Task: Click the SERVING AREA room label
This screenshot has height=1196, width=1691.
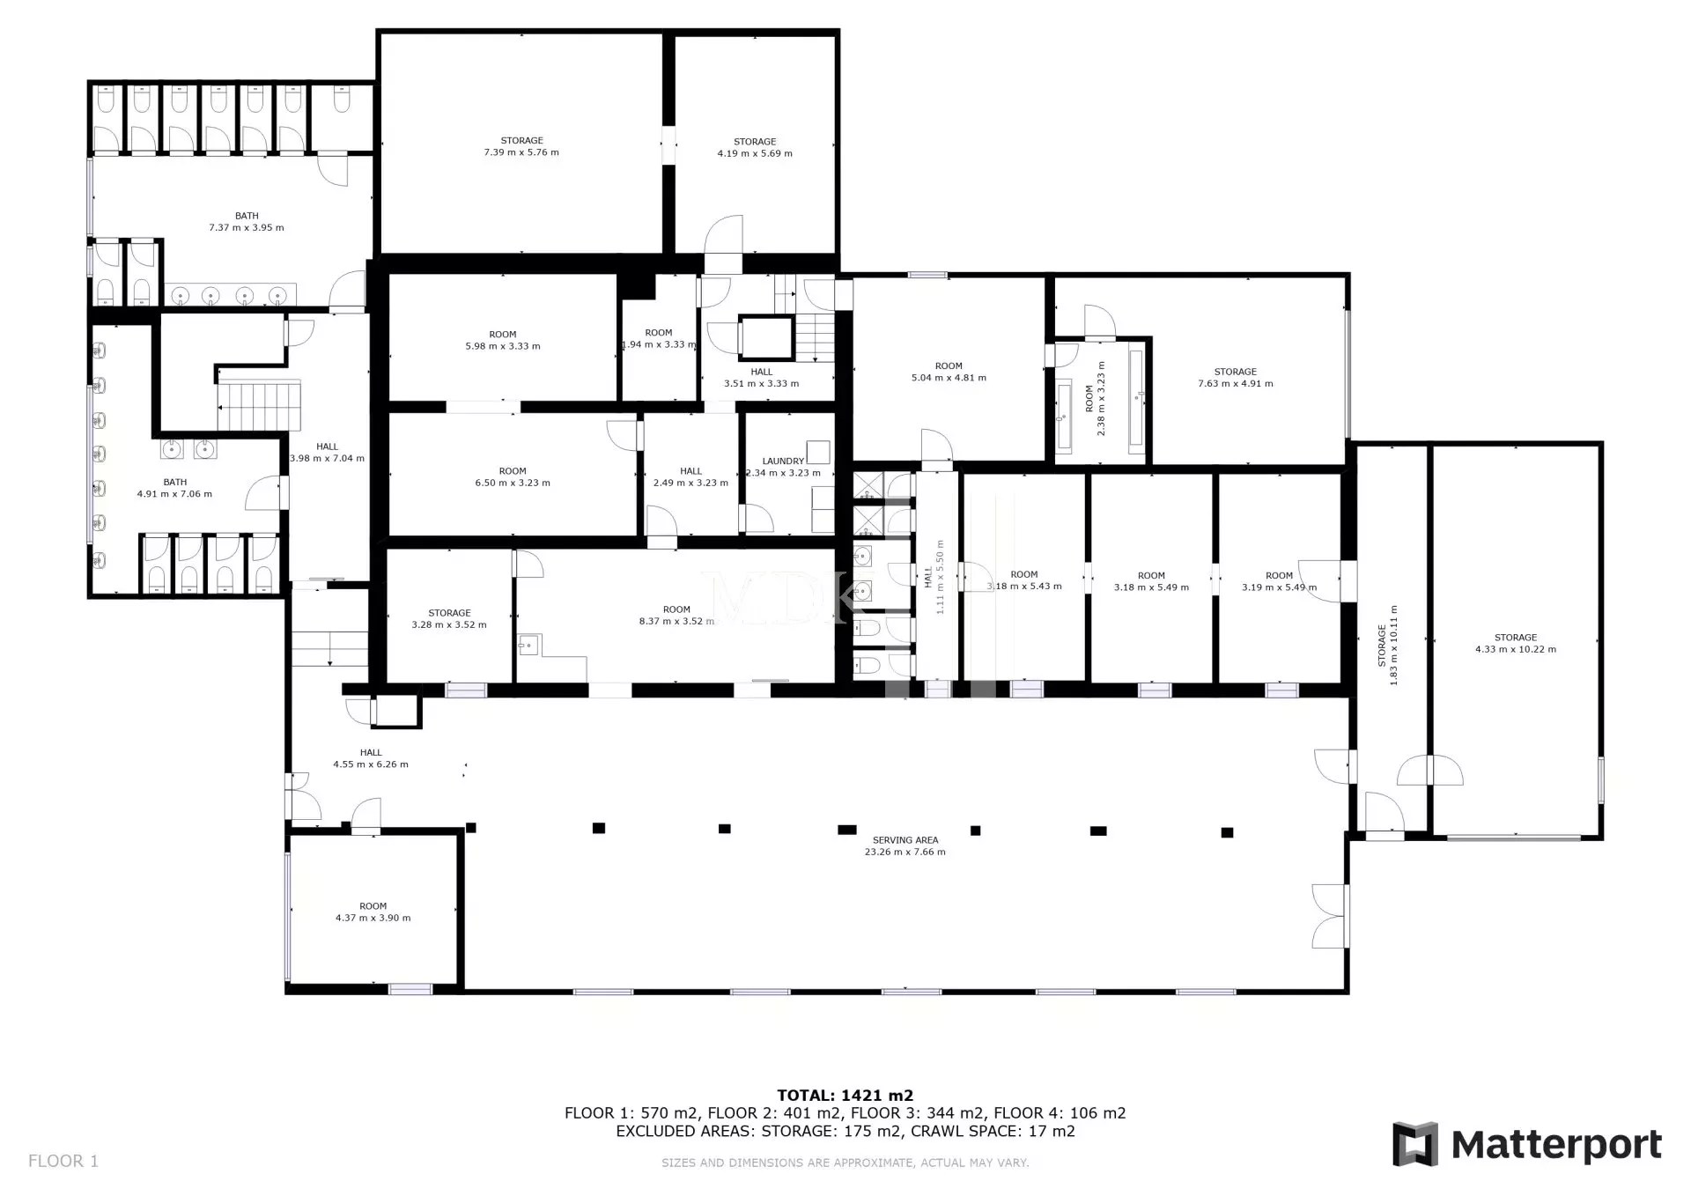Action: click(x=905, y=840)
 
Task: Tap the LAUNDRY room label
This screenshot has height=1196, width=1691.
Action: click(x=783, y=461)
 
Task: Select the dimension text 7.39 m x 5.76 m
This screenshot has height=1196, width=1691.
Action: click(x=521, y=152)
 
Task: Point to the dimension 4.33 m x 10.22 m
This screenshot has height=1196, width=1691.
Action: click(x=1516, y=650)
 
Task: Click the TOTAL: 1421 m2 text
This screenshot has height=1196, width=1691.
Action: click(x=845, y=1096)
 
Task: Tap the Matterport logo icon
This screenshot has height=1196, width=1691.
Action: click(x=1414, y=1144)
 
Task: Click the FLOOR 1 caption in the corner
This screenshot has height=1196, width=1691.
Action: click(x=63, y=1161)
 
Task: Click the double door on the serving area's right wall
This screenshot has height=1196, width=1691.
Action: click(x=1331, y=916)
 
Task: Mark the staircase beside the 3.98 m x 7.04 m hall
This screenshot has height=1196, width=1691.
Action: click(x=260, y=406)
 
